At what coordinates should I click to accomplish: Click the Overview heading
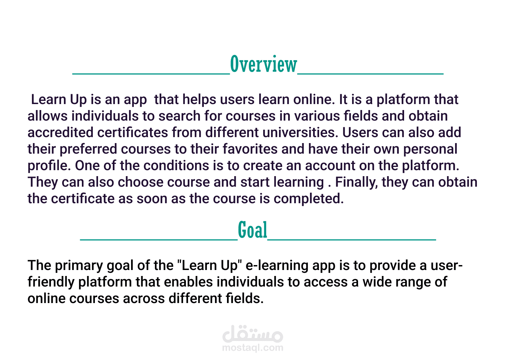coord(264,64)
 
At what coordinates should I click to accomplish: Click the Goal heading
coord(253,230)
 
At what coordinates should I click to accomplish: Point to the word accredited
coord(60,133)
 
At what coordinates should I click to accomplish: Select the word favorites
coord(250,149)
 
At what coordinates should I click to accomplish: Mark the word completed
coord(309,199)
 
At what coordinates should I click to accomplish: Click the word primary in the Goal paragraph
coord(79,266)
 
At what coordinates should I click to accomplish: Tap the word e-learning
coord(277,266)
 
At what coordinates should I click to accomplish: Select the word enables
coord(188,282)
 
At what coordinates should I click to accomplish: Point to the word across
coord(144,299)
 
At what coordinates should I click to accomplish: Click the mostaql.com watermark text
coord(253,348)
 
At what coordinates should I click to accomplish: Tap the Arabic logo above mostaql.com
coord(253,334)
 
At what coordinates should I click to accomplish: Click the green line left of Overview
coord(151,74)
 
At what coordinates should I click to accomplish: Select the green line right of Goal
coord(352,239)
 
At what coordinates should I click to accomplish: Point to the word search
coord(179,116)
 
